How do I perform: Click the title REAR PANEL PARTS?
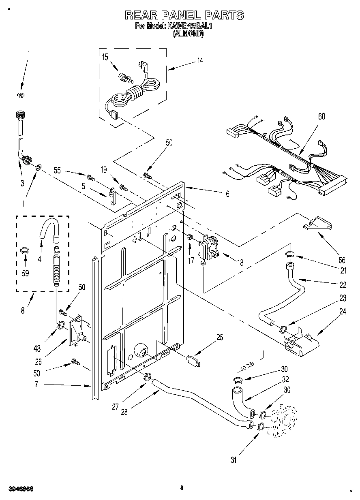(x=184, y=15)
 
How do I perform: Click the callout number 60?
(x=321, y=117)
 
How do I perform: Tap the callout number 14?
(x=200, y=61)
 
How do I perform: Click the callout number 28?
(x=124, y=412)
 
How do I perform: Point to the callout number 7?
(x=36, y=384)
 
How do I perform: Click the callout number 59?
(x=25, y=274)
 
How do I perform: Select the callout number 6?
(x=227, y=194)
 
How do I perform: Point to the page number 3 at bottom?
(x=182, y=488)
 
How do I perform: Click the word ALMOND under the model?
(x=188, y=34)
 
